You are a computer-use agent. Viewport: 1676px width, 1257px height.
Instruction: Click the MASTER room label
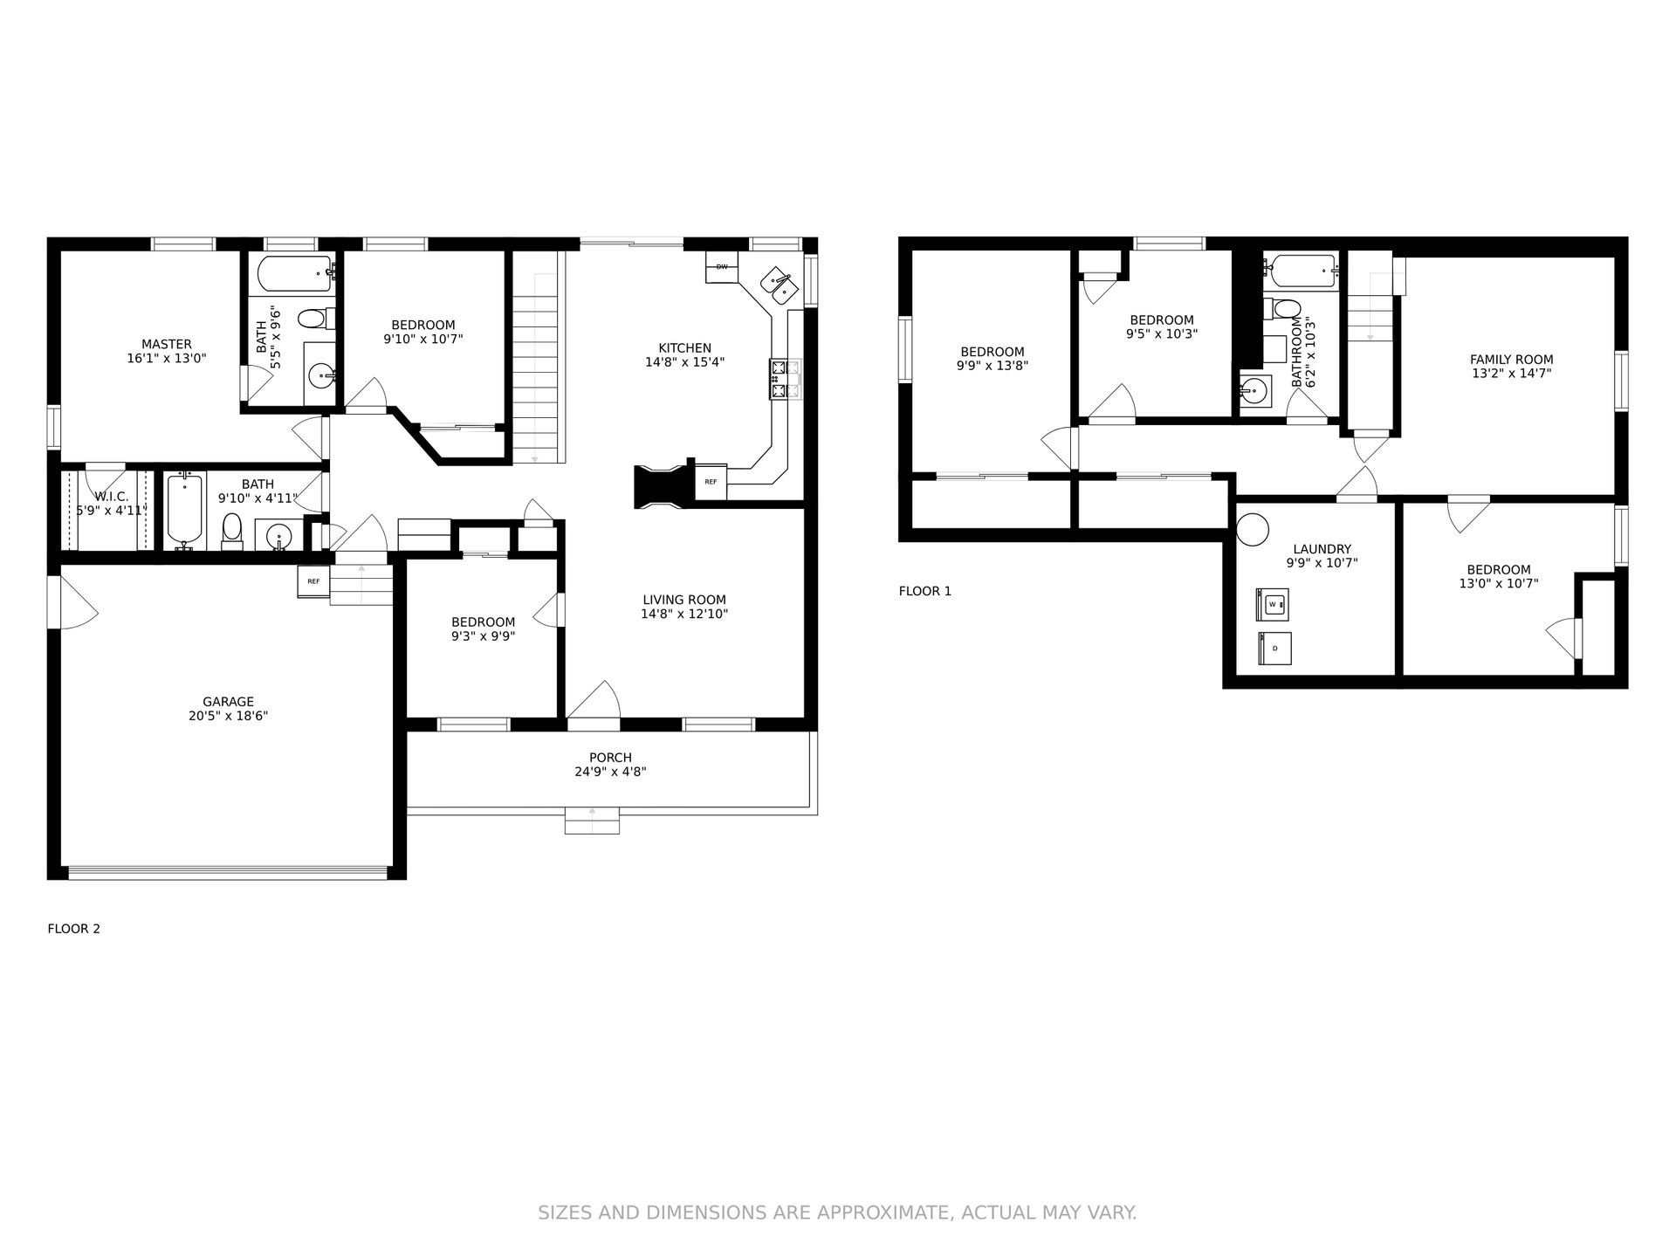(x=167, y=344)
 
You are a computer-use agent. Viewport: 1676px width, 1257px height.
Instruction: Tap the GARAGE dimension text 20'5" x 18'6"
(x=229, y=716)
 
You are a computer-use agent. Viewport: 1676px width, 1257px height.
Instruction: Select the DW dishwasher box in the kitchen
(x=722, y=267)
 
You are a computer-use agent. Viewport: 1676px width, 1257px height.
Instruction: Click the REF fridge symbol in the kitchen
(x=711, y=481)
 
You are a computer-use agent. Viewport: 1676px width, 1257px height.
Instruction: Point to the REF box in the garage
(x=313, y=581)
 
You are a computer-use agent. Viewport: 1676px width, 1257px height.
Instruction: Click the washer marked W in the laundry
(x=1272, y=604)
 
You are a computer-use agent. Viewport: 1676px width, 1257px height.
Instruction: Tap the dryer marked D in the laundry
(x=1274, y=648)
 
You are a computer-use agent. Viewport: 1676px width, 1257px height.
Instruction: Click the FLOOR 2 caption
(x=73, y=929)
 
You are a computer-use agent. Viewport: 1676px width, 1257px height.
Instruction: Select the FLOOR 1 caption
(x=925, y=591)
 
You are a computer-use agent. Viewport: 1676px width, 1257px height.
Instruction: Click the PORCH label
(x=610, y=758)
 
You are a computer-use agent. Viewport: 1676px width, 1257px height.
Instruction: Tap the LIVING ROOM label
(x=684, y=600)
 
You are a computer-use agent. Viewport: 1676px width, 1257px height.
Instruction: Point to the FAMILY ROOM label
(x=1512, y=359)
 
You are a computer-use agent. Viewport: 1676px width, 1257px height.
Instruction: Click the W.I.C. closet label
(x=112, y=496)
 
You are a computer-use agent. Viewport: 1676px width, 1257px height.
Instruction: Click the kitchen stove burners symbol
(x=785, y=380)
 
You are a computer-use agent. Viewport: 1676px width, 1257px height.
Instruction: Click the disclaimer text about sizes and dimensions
(x=837, y=1212)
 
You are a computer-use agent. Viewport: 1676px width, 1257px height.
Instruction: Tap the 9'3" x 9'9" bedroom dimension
(x=483, y=636)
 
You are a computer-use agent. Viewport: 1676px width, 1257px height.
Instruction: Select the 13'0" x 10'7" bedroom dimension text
(x=1499, y=583)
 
